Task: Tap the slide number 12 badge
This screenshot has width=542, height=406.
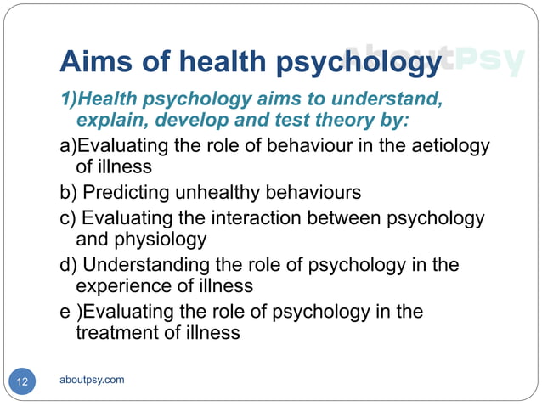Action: (x=22, y=381)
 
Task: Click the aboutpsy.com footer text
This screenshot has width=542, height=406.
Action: (x=92, y=379)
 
